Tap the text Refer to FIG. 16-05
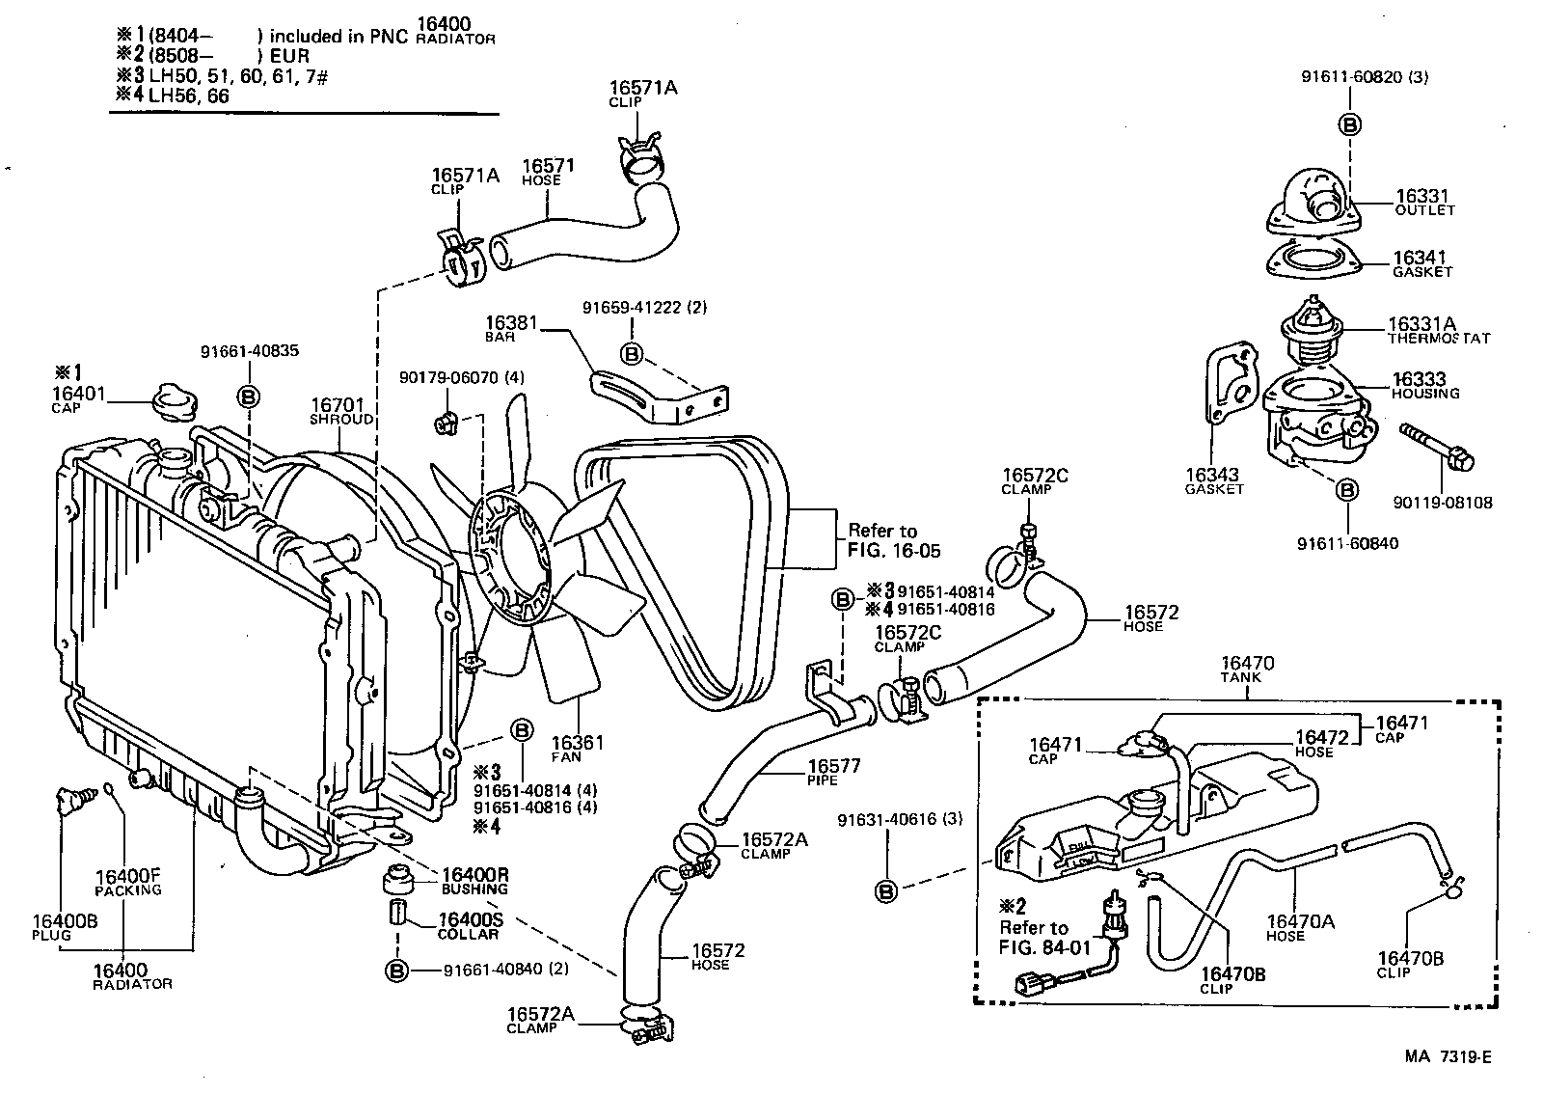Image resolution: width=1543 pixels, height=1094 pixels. [893, 541]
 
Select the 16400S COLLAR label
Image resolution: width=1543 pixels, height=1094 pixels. [469, 926]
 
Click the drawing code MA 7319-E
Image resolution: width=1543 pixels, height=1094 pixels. [1448, 1056]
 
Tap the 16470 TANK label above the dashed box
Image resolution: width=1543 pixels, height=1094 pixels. [1247, 670]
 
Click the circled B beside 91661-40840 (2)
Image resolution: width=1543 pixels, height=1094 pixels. [397, 971]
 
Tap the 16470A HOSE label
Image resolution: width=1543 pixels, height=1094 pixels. [1300, 927]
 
